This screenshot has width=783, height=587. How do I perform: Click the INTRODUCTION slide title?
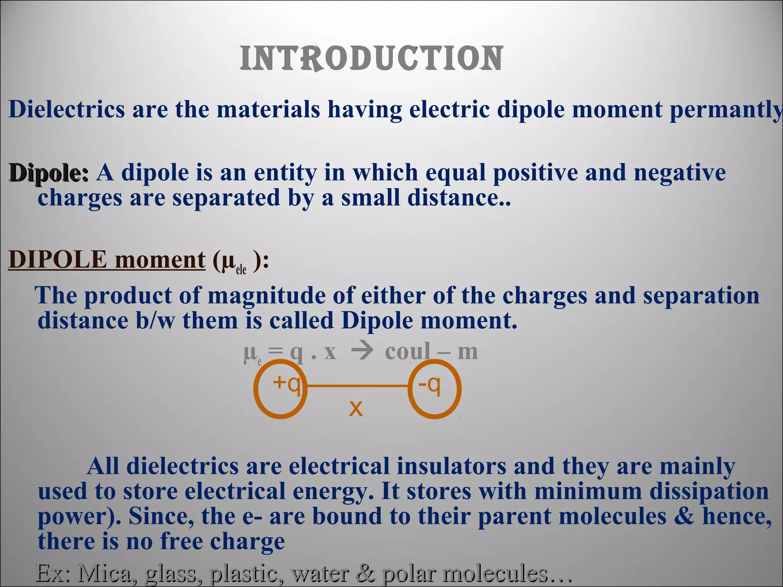pyautogui.click(x=371, y=58)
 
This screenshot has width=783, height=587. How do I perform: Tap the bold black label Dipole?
pyautogui.click(x=49, y=173)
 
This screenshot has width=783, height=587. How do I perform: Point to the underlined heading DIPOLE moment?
pyautogui.click(x=107, y=260)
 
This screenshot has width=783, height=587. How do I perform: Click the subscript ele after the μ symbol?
pyautogui.click(x=241, y=269)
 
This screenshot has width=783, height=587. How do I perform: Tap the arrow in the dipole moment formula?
pyautogui.click(x=361, y=352)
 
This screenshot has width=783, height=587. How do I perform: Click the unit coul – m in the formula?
pyautogui.click(x=431, y=352)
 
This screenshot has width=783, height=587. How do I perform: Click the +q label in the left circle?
pyautogui.click(x=286, y=383)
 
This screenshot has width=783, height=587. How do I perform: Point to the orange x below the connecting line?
pyautogui.click(x=356, y=408)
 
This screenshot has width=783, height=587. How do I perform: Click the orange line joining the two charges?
pyautogui.click(x=357, y=386)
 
